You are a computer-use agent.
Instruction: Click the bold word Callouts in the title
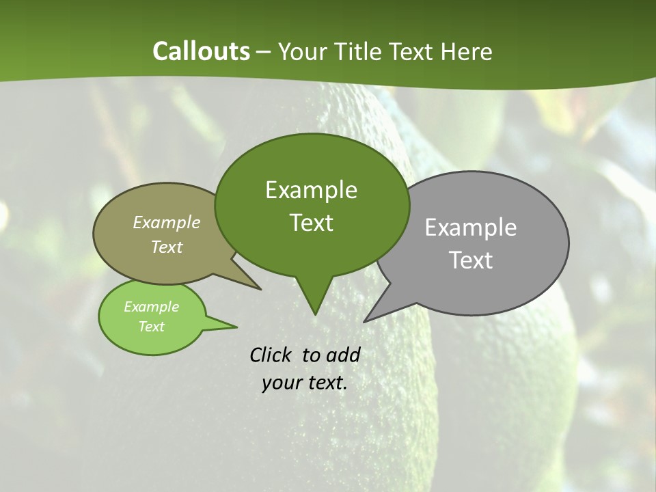(201, 51)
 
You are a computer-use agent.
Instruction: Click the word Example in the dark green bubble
(311, 190)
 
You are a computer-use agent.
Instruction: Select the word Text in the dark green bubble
(311, 223)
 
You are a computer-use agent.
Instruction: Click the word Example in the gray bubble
(471, 228)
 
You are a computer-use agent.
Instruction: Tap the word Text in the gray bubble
(471, 260)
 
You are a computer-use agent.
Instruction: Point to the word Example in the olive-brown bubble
(167, 223)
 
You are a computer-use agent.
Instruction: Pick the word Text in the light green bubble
(151, 327)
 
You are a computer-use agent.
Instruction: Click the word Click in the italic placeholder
(273, 355)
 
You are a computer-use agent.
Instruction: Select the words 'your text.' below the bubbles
(305, 383)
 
